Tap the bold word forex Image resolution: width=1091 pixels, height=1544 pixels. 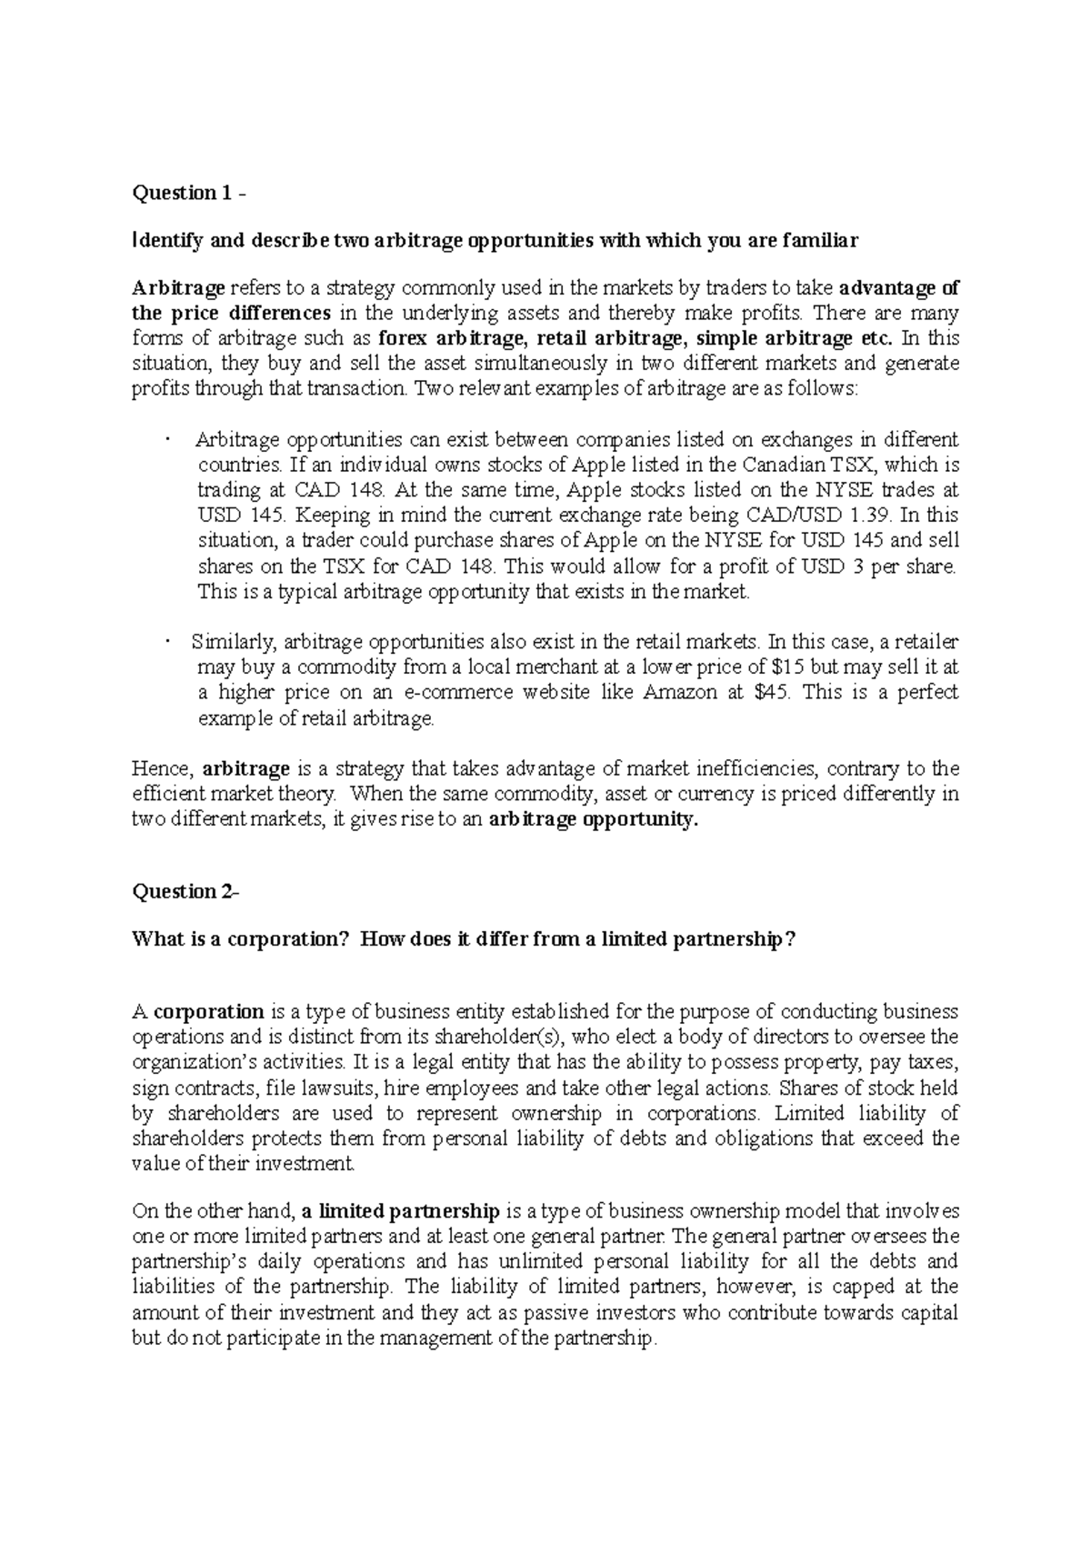(403, 339)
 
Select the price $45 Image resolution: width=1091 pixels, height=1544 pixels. (774, 692)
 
